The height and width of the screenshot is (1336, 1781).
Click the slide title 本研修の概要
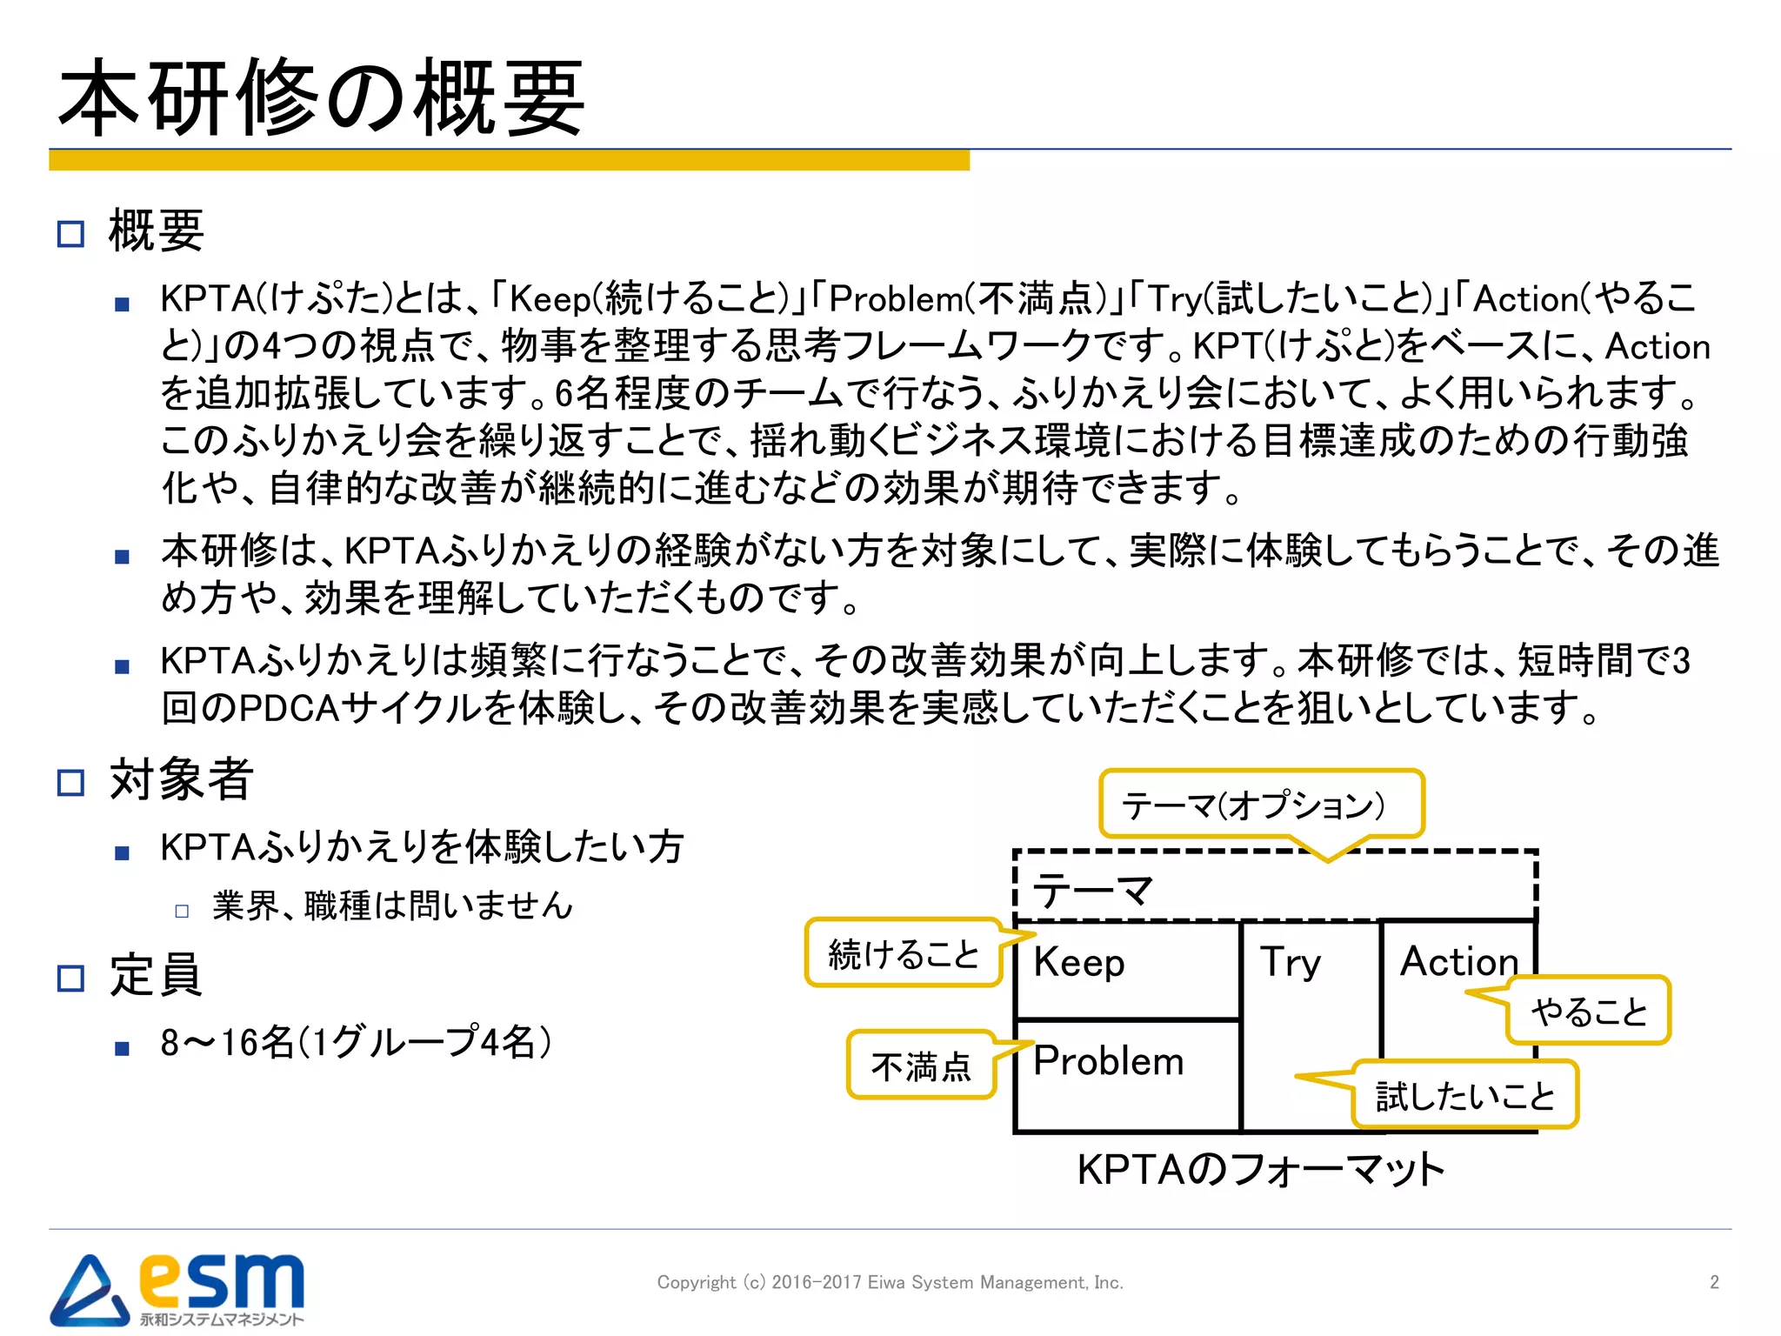322,97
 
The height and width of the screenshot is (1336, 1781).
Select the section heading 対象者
181,779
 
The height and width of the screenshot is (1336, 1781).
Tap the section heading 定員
156,975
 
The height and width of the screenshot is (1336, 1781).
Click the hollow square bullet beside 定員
70,979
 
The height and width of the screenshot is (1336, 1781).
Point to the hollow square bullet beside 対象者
70,783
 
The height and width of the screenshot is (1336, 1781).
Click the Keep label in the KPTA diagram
1078,963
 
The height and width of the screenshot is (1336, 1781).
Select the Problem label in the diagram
1108,1061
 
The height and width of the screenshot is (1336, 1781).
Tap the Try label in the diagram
1290,963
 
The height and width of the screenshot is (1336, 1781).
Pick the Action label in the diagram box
1458,962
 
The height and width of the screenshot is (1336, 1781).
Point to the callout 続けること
904,954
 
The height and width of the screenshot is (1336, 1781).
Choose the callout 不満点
921,1066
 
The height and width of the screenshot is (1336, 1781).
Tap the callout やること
1589,1011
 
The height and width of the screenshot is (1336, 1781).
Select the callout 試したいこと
1464,1095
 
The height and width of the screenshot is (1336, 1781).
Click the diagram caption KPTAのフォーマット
1260,1170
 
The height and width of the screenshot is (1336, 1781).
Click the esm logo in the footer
178,1289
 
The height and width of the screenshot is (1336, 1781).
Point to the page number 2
1714,1282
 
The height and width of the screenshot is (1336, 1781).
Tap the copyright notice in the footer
890,1282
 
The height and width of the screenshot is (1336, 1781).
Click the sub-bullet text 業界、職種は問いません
392,906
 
